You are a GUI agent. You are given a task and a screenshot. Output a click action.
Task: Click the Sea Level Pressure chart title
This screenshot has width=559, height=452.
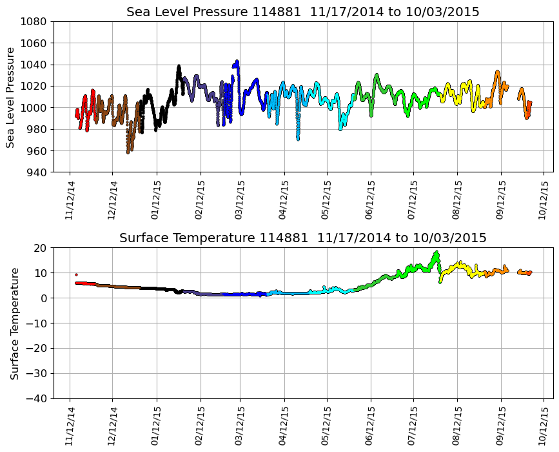tap(302, 12)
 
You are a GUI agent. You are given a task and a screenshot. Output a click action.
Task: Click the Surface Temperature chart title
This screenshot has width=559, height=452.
tap(302, 238)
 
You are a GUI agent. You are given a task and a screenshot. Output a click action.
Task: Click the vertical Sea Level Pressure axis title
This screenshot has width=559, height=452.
tap(11, 97)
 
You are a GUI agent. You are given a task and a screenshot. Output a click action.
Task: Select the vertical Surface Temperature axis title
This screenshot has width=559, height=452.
tap(14, 323)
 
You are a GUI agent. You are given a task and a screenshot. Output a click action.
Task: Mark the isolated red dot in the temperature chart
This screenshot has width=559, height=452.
tap(76, 274)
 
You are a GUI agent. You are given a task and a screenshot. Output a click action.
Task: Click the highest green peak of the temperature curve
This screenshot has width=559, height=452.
tap(436, 252)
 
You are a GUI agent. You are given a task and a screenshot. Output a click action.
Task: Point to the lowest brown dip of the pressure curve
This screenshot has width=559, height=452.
tap(128, 152)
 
